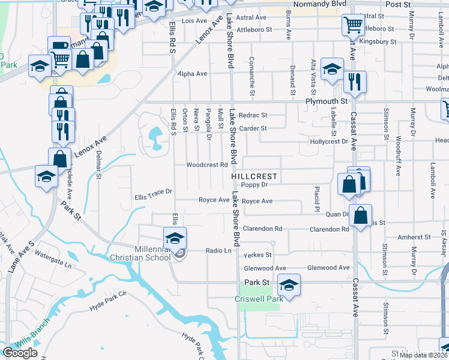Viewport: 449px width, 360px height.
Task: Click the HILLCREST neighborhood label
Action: (255, 176)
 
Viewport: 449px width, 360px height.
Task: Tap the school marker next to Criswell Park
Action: (289, 284)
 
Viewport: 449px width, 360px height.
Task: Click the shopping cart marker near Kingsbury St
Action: (353, 26)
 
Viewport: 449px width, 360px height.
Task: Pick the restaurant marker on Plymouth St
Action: (355, 82)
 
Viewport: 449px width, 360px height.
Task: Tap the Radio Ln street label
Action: (218, 251)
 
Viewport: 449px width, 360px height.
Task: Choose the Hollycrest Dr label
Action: (329, 142)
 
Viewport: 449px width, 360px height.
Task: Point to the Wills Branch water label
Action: (29, 342)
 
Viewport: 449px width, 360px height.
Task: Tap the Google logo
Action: (20, 353)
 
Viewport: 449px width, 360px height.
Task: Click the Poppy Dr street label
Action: (254, 185)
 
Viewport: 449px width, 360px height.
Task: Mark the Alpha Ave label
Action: (192, 74)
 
